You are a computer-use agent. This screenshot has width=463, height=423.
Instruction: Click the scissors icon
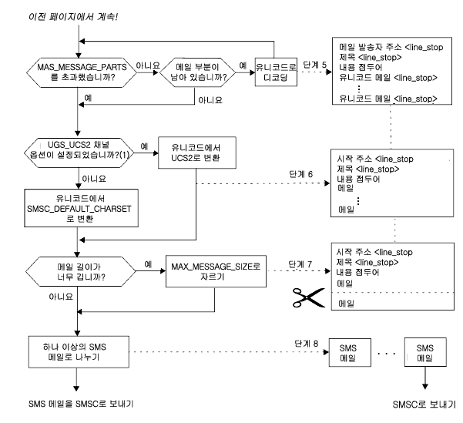click(x=309, y=297)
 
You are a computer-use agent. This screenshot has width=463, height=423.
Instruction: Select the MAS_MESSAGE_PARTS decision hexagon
click(x=82, y=72)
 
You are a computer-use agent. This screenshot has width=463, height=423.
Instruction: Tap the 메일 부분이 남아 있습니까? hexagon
click(x=197, y=72)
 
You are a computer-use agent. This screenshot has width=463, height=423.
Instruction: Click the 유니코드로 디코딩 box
click(x=276, y=72)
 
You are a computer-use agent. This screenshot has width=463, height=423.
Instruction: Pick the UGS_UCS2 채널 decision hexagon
click(x=79, y=153)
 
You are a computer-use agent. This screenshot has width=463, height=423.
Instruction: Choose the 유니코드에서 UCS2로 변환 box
click(x=197, y=153)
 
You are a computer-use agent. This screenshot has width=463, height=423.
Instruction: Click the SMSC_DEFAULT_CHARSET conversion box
click(x=81, y=208)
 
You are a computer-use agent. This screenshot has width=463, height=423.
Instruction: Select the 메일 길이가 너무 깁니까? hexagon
click(x=81, y=271)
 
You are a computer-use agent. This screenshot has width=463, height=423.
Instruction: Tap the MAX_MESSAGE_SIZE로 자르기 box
click(x=216, y=271)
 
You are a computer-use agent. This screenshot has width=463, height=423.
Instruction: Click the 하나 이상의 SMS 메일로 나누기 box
click(x=79, y=352)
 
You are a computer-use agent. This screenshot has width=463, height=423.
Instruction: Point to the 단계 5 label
click(x=315, y=65)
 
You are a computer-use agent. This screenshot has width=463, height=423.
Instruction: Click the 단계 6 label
click(x=300, y=174)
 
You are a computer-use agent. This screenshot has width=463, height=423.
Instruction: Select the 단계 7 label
click(x=300, y=264)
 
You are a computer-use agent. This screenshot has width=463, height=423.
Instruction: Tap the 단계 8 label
click(x=306, y=343)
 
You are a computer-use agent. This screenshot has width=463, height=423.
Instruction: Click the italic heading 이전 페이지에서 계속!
click(x=73, y=17)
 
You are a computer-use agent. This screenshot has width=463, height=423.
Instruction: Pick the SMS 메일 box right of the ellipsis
click(x=425, y=352)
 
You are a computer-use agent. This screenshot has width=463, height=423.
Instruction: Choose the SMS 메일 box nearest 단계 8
click(x=350, y=352)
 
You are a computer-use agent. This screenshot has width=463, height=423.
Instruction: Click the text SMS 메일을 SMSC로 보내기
click(x=81, y=404)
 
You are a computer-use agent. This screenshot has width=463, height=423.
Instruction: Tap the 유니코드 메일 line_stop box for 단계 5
click(x=392, y=71)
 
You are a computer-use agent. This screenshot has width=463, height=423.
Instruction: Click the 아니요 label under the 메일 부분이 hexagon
click(x=210, y=100)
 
